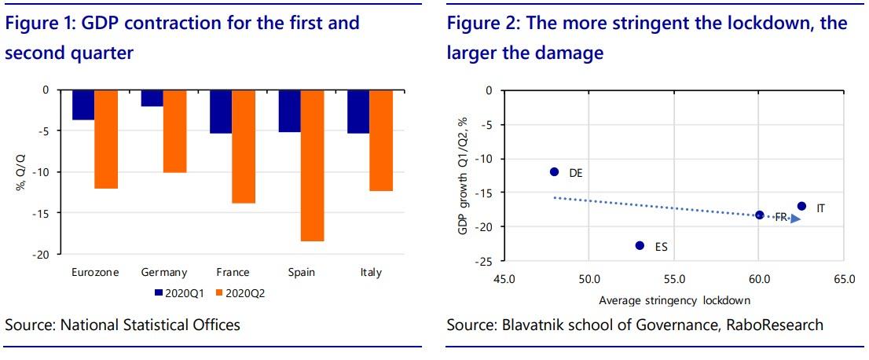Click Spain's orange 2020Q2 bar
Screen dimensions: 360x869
coord(313,165)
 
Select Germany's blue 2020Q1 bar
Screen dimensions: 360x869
coord(152,97)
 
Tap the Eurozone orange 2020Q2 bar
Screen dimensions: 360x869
coord(106,139)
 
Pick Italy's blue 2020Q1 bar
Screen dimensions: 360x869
coord(359,111)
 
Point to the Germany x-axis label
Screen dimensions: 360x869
coord(164,273)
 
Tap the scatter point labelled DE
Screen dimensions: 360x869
coord(554,171)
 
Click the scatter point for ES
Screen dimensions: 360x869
coord(640,245)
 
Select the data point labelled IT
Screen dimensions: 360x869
coord(801,206)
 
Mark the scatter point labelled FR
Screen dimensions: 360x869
coord(759,215)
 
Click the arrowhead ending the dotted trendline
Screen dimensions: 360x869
coord(796,219)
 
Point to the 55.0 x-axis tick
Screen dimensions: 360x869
coord(674,278)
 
